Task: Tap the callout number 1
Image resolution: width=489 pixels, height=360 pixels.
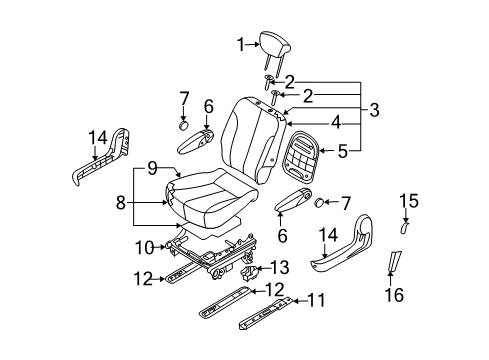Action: pos(241,44)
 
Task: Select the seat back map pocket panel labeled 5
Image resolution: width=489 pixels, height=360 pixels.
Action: pos(300,156)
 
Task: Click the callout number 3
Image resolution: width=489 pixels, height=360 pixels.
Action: pos(374,110)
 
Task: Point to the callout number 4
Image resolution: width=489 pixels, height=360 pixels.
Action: pos(336,122)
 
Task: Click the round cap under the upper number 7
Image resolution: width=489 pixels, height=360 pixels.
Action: pos(183,126)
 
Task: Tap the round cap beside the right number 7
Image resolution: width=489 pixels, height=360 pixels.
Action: pos(320,202)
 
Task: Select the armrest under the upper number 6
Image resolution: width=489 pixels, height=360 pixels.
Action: pos(196,142)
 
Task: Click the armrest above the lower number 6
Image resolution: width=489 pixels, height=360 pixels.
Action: pos(293,199)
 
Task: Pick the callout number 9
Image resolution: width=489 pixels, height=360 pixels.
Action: pos(152,168)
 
